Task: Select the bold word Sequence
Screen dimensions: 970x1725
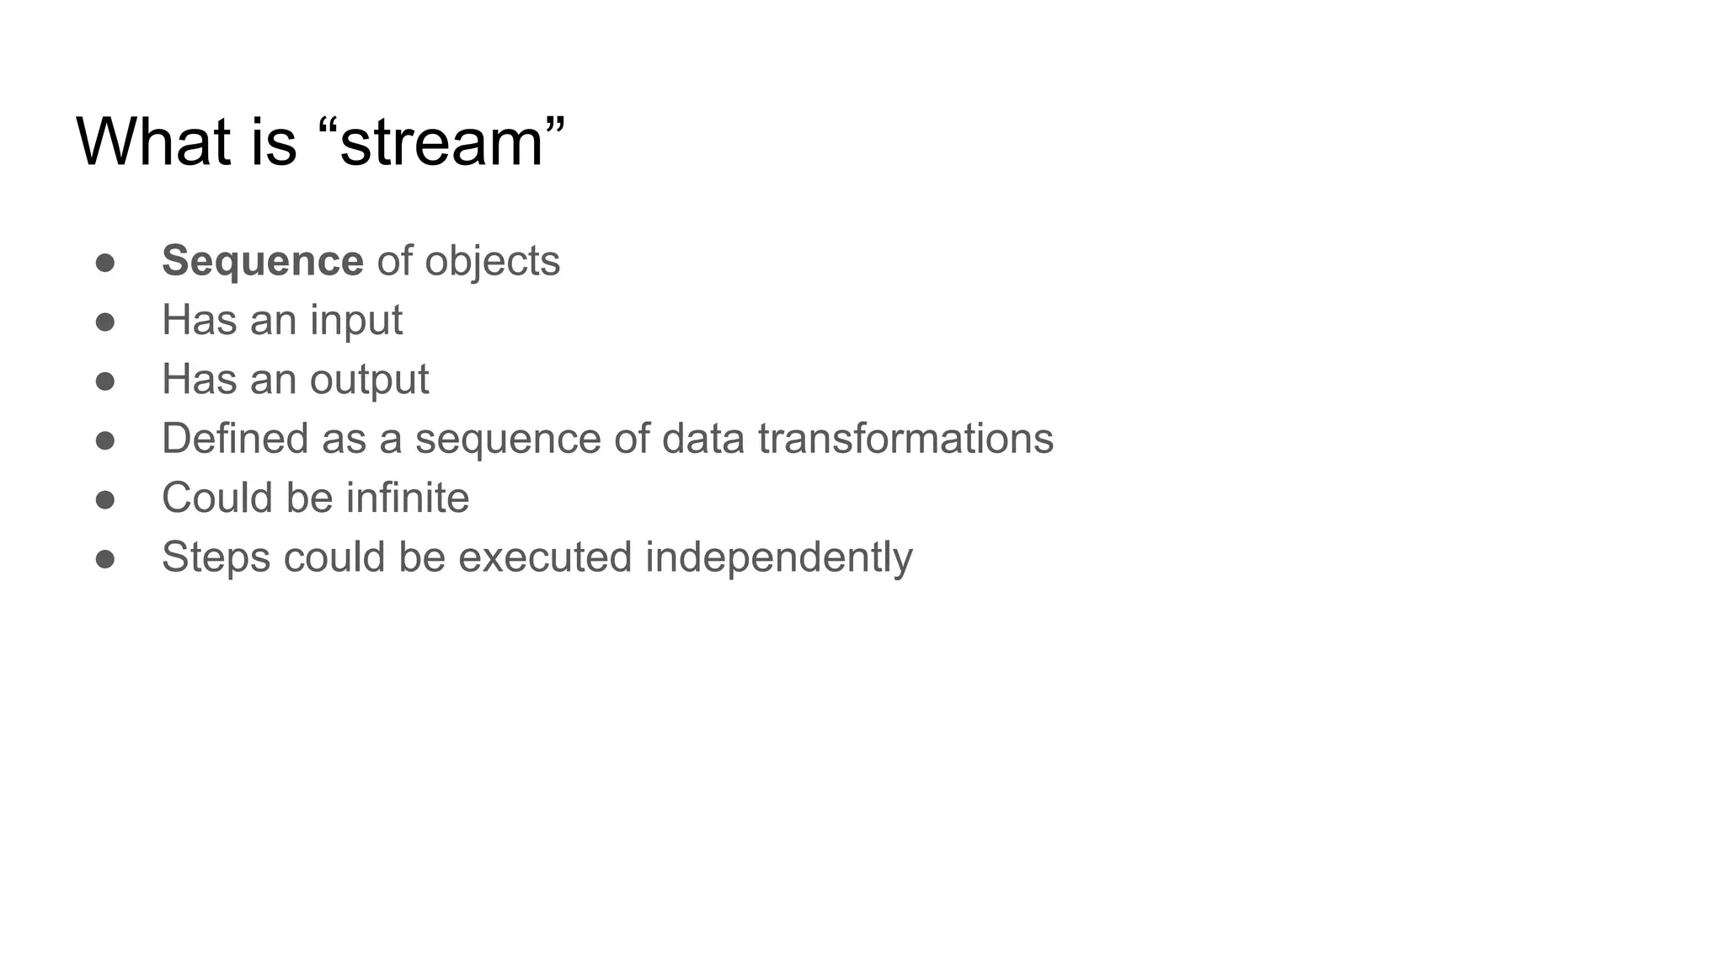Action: [x=262, y=261]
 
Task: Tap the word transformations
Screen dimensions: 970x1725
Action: [x=905, y=439]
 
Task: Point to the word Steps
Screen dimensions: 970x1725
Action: [x=216, y=558]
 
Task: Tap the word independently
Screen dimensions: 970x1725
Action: [x=778, y=558]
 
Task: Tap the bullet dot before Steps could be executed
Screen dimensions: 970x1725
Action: [x=105, y=559]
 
